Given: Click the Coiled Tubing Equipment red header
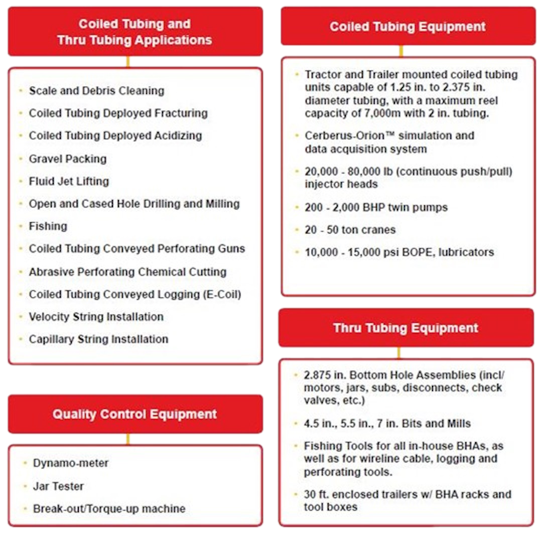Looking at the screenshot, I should pyautogui.click(x=408, y=27).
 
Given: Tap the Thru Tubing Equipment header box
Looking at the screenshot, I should pyautogui.click(x=405, y=328).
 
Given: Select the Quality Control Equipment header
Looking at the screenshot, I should pyautogui.click(x=134, y=415).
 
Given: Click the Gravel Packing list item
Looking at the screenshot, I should pyautogui.click(x=68, y=159).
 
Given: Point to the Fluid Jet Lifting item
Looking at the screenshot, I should pyautogui.click(x=69, y=181).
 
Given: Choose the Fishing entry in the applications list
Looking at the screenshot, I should pyautogui.click(x=48, y=226).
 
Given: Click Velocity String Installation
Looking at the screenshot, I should pyautogui.click(x=96, y=317).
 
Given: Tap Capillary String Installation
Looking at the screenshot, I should pyautogui.click(x=98, y=339).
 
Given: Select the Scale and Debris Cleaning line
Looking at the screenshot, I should pyautogui.click(x=97, y=91).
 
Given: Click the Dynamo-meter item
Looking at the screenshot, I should pyautogui.click(x=71, y=463).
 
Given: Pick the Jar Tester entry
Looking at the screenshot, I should pyautogui.click(x=58, y=486).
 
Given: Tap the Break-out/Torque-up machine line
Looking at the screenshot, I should pyautogui.click(x=109, y=508).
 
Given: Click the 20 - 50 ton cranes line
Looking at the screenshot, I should pyautogui.click(x=350, y=230).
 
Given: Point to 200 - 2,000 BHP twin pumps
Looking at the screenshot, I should pyautogui.click(x=376, y=207).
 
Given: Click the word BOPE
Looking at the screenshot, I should pyautogui.click(x=416, y=252).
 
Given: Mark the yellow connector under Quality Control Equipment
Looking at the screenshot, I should pyautogui.click(x=128, y=439).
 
